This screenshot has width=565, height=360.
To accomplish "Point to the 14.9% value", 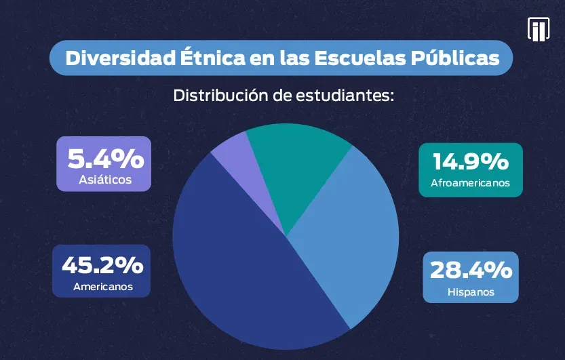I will [x=471, y=162].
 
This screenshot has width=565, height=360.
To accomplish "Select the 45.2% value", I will [x=102, y=265].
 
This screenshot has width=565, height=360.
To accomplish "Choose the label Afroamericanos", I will [x=471, y=183].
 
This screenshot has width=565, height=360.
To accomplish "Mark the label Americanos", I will [x=102, y=287].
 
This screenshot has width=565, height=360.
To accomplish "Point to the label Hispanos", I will [x=471, y=292].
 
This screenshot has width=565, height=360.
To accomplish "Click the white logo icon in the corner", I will [x=538, y=29].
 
